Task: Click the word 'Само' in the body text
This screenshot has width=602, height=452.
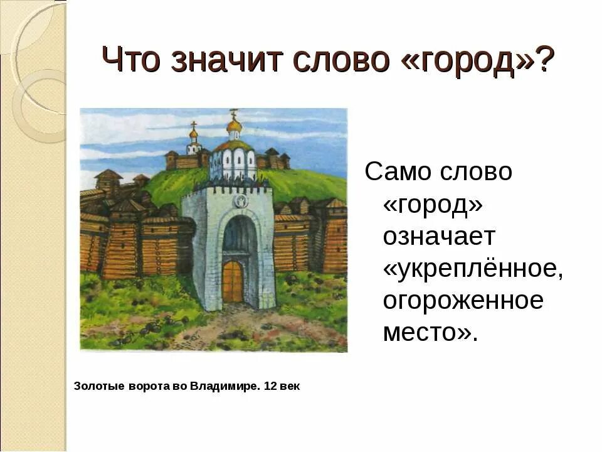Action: point(399,173)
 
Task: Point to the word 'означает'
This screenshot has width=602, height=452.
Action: point(439,237)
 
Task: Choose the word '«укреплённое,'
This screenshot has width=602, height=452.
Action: point(474,269)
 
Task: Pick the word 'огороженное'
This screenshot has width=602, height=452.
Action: point(463,301)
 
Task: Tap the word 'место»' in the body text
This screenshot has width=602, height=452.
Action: point(430,333)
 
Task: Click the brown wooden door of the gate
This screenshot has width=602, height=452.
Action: point(232,282)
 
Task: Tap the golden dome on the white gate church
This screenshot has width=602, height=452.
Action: point(234,126)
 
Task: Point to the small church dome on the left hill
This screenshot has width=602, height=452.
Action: point(193,134)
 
